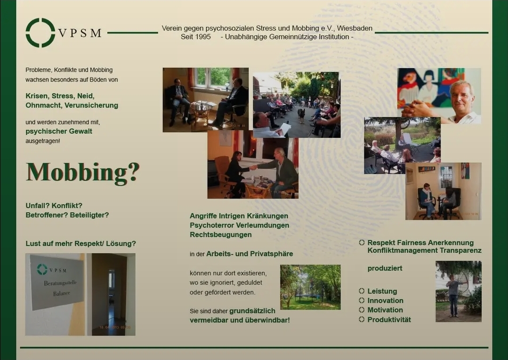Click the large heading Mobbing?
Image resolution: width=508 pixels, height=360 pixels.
[82, 172]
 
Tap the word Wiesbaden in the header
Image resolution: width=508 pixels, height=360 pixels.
[355, 29]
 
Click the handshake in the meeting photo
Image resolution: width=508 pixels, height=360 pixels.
[253, 168]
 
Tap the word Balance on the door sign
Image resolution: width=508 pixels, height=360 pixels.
[62, 293]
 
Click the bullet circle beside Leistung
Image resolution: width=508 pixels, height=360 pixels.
[362, 291]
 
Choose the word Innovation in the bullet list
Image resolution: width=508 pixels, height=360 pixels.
[385, 300]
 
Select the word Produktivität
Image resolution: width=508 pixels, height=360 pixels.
[389, 320]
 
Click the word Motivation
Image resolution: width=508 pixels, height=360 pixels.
[385, 310]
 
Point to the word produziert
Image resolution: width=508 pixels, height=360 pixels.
[385, 268]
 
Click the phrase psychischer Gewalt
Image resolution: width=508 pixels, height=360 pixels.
[59, 131]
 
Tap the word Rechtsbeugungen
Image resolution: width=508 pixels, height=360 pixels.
[221, 235]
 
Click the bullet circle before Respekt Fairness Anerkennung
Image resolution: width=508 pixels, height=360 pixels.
[362, 242]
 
